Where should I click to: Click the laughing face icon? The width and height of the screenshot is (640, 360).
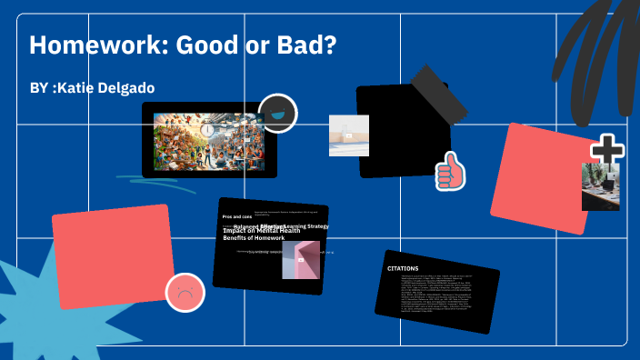point(277,113)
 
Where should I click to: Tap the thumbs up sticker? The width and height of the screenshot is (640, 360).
point(449,170)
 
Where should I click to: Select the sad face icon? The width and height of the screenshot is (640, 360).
point(185,293)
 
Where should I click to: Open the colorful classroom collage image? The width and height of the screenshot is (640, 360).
point(208,139)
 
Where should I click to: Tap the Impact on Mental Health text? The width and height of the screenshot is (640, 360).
point(261,231)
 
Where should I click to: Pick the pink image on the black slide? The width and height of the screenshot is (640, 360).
point(300,259)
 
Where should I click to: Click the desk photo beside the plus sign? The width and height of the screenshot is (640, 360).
point(600,188)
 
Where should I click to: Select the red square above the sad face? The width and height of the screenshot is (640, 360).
point(114,255)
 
